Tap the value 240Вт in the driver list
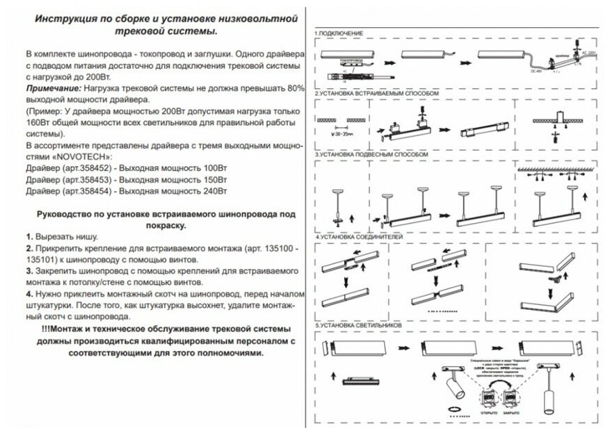coord(214,190)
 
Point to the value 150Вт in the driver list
coord(214,179)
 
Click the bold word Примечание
coord(53,90)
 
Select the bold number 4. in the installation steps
coord(29,295)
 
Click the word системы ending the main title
coord(191,31)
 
